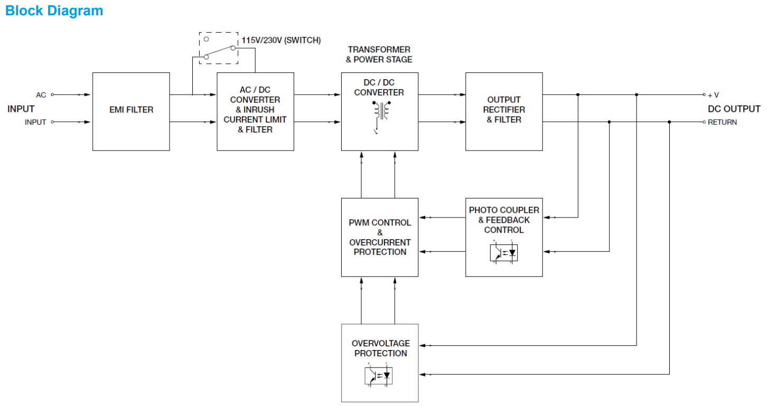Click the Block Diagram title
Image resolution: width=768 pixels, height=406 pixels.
point(54,11)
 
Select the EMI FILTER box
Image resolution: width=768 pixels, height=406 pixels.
point(131,110)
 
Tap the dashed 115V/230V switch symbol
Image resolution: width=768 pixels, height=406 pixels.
point(219,48)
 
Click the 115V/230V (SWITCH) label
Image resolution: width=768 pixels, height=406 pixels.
point(281,40)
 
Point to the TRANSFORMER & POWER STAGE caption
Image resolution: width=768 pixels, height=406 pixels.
point(379,54)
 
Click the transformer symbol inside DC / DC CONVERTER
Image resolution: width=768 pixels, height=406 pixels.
point(380,114)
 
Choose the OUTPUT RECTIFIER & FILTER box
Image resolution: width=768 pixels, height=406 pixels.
point(504,110)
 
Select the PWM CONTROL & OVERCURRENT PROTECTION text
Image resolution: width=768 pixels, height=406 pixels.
point(380,237)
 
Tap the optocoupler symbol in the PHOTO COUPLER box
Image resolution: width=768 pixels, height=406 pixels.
point(504,252)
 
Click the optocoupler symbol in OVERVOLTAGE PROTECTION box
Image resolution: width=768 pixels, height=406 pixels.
point(379,375)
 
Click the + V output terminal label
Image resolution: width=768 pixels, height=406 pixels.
point(713,95)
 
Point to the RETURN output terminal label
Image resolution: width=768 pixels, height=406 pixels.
point(722,122)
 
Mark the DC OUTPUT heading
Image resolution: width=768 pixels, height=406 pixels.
point(734,109)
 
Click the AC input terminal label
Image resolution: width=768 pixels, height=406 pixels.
point(41,95)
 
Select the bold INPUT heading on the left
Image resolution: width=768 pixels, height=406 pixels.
point(21,109)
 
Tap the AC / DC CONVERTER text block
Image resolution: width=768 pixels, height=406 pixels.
point(255,110)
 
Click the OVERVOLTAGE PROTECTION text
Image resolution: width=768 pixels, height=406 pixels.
point(380,348)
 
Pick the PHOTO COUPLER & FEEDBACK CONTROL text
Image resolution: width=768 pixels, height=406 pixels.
point(504,220)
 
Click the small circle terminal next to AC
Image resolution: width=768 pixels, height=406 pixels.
point(52,95)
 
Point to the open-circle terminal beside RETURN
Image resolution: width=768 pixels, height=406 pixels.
point(705,122)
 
